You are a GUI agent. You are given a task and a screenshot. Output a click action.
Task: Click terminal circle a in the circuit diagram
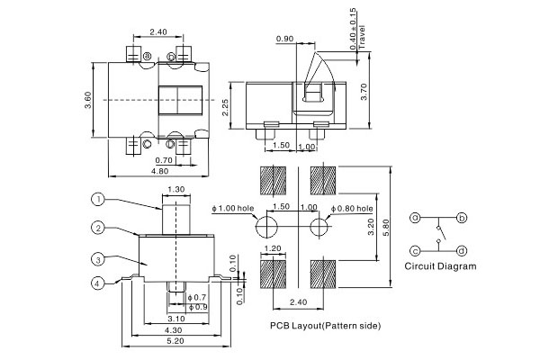click(416, 218)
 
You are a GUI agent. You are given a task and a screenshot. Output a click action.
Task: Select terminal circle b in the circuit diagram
click(462, 218)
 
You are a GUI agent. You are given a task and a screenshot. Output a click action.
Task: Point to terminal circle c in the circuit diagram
click(416, 250)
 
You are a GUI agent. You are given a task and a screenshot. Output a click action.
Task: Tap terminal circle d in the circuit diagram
click(462, 250)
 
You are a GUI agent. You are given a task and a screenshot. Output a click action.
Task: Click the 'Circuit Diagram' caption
click(440, 267)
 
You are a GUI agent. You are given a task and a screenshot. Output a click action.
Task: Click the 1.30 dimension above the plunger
click(175, 190)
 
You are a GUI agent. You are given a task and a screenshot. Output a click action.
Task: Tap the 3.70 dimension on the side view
click(364, 94)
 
